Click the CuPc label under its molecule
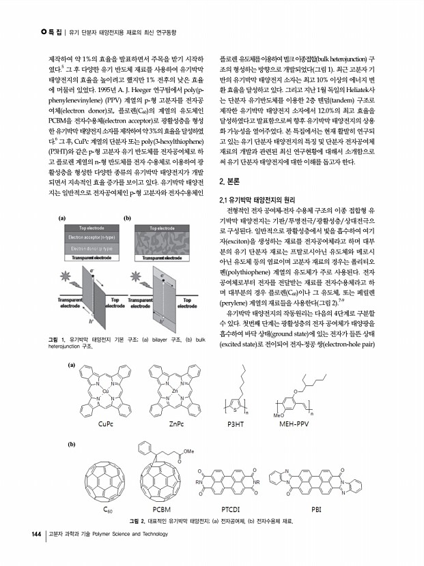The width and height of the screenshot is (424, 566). pyautogui.click(x=106, y=423)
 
